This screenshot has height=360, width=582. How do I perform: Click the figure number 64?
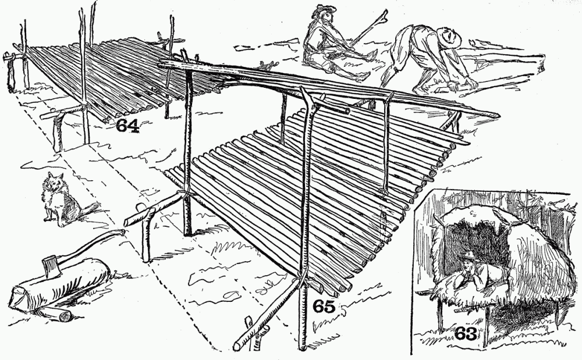point(127,125)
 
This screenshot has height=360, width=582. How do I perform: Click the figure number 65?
point(324,306)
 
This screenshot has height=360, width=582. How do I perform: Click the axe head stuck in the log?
point(51,267)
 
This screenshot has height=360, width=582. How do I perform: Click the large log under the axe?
point(59,286)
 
